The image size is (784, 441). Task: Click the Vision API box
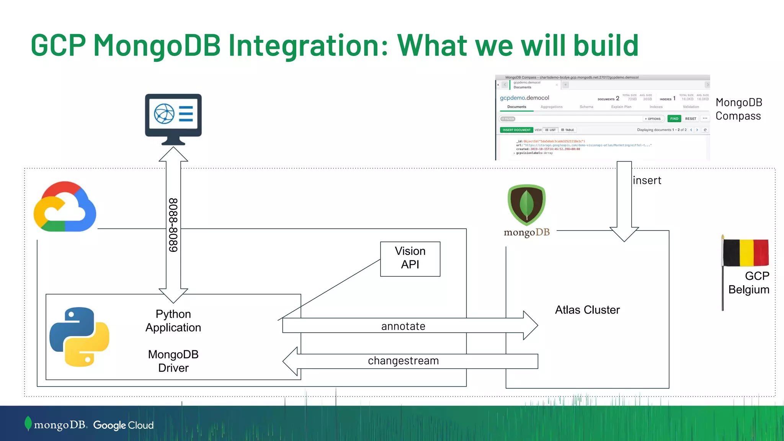click(410, 259)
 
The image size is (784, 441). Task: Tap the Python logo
click(79, 337)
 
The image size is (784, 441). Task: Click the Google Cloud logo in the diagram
click(65, 207)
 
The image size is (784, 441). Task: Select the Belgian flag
click(746, 253)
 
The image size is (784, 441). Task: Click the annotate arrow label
click(403, 326)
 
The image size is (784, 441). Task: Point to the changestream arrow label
click(403, 361)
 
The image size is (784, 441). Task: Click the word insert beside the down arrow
click(647, 180)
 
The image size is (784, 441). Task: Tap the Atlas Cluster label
click(587, 310)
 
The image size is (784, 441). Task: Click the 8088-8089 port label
click(173, 225)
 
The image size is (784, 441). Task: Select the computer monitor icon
click(173, 119)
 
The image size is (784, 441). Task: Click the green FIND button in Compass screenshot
click(674, 119)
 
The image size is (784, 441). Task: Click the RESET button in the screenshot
click(691, 119)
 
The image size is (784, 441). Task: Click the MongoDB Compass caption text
click(738, 109)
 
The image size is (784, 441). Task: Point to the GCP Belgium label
click(749, 283)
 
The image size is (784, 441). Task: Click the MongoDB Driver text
click(173, 361)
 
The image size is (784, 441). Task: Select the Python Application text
click(173, 321)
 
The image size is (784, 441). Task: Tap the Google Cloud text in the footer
click(123, 425)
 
